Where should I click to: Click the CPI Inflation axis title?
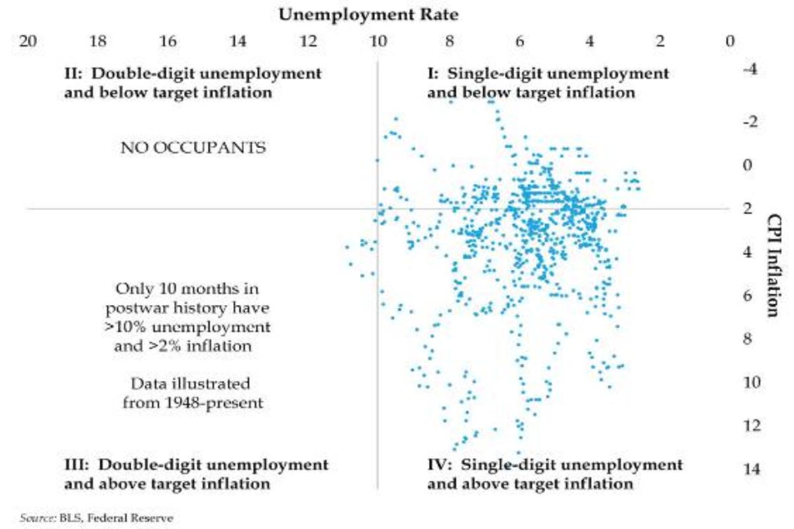tap(772, 264)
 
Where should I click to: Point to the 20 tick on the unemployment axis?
tap(28, 41)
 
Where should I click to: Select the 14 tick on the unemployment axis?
tap(238, 41)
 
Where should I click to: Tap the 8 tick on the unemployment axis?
tap(449, 41)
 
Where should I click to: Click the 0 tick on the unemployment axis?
tap(730, 41)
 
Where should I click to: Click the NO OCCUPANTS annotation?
tap(193, 147)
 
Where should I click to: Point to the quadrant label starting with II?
tap(193, 83)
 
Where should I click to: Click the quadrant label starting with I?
tap(548, 83)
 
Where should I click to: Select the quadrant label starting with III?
tap(196, 474)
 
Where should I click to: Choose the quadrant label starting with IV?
tap(554, 474)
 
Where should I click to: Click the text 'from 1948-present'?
tap(193, 403)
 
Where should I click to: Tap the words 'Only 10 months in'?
tap(187, 289)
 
